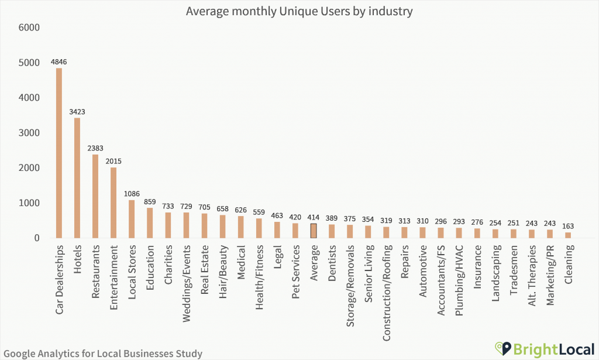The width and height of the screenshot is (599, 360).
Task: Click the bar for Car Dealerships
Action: [59, 153]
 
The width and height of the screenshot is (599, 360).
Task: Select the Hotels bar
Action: [77, 178]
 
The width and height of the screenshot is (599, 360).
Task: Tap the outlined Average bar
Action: [314, 231]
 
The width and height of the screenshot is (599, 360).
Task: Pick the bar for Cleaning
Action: [567, 235]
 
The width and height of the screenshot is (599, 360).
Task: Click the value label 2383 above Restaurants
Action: [95, 148]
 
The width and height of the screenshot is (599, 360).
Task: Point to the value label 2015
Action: [113, 161]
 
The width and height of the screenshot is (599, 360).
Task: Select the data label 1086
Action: [132, 194]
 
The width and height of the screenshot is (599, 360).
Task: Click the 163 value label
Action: [567, 226]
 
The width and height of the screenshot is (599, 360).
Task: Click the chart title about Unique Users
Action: [299, 11]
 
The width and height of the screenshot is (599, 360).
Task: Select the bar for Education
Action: [150, 222]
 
